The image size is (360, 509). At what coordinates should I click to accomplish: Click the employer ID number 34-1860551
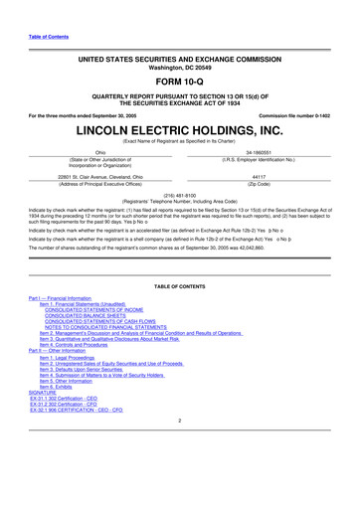click(263, 153)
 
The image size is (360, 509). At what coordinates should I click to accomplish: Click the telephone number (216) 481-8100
click(181, 197)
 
